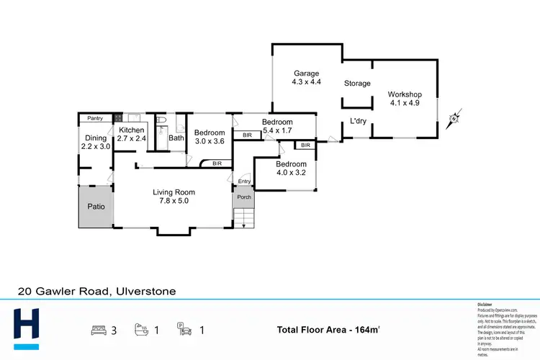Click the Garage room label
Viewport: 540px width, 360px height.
(306, 73)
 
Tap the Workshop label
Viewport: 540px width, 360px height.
(404, 94)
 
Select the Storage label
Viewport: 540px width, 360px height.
(356, 84)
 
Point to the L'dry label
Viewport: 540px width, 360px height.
(358, 121)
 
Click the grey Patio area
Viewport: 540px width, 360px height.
(96, 207)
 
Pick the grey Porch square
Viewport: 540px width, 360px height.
(243, 197)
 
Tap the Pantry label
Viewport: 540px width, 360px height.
(95, 118)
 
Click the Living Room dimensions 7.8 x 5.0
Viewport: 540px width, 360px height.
(174, 202)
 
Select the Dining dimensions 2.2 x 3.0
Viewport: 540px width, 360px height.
(96, 146)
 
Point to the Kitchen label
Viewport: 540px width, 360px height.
(132, 130)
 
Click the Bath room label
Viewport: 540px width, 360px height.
(176, 138)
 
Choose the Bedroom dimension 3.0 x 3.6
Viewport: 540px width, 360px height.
(210, 141)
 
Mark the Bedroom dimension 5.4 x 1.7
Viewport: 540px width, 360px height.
(276, 131)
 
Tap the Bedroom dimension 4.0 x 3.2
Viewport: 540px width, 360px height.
(291, 173)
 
